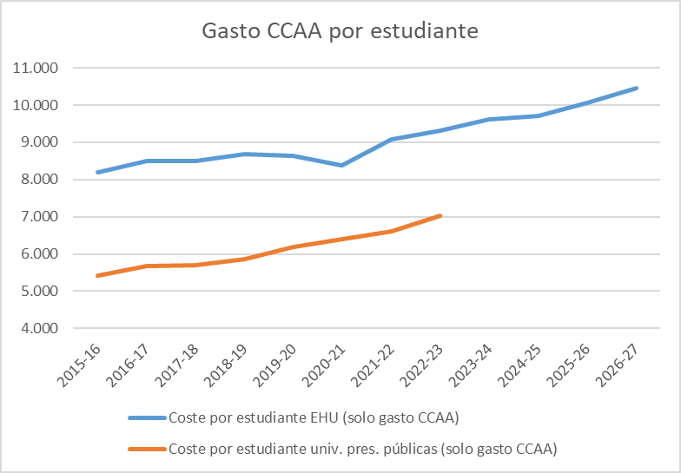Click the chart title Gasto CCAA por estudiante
[340, 32]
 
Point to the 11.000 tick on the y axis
[33, 68]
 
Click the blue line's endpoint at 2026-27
[637, 88]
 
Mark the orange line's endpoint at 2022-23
[441, 215]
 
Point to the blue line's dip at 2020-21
[343, 165]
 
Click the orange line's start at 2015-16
[97, 276]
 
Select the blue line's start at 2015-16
[97, 172]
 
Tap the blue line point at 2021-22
[393, 139]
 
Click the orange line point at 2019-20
[294, 246]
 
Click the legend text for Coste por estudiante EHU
[314, 419]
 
